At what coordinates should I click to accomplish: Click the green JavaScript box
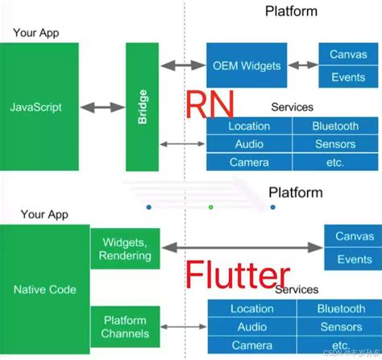(x=39, y=106)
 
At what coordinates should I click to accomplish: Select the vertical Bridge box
(x=142, y=106)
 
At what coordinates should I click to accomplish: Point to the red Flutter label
(x=239, y=275)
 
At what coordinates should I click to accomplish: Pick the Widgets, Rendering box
(x=125, y=250)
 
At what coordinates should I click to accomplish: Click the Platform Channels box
(x=125, y=327)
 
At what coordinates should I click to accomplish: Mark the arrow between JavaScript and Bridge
(x=102, y=106)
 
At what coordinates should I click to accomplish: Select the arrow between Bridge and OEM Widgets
(x=182, y=64)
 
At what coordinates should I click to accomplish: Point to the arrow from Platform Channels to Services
(x=183, y=327)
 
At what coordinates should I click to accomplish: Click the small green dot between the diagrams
(x=211, y=207)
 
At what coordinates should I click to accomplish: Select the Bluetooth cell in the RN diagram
(x=335, y=126)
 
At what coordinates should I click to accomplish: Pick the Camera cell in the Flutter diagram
(x=252, y=345)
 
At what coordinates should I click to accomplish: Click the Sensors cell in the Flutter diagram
(x=340, y=327)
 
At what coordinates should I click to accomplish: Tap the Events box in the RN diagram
(x=348, y=77)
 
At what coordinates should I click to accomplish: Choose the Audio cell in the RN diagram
(x=249, y=144)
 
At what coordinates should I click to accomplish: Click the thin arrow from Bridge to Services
(x=182, y=144)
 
